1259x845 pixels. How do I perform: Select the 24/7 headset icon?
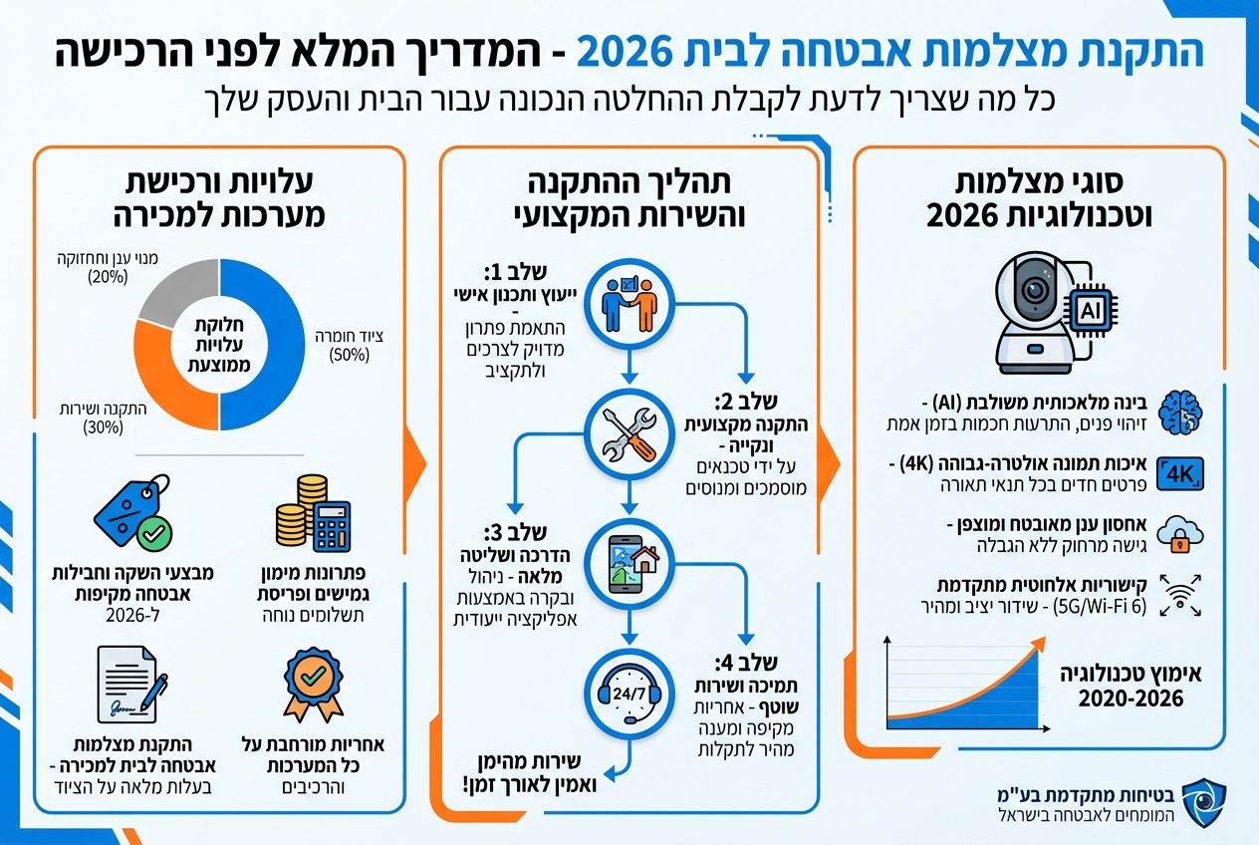629,690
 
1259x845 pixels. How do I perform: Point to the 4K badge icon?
1182,469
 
